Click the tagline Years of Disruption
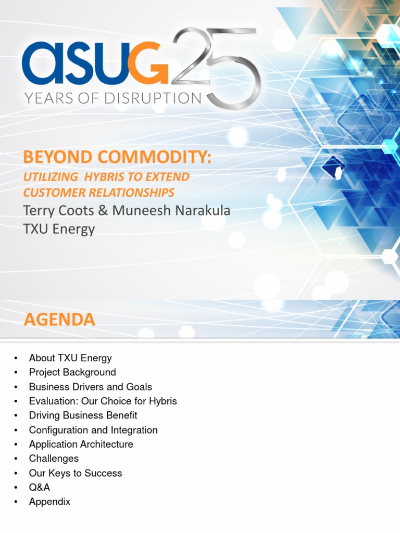tap(111, 98)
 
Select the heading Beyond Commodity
tap(117, 157)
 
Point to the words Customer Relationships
tap(99, 193)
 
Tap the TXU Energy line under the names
tap(59, 229)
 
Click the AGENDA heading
tap(59, 319)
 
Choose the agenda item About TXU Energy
tap(70, 358)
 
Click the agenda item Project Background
tap(72, 372)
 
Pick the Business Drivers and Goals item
tap(91, 387)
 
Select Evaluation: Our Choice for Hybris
tap(103, 401)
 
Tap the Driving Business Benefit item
tap(83, 415)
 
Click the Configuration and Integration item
tap(93, 430)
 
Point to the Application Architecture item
tap(81, 444)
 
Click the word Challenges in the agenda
tap(54, 459)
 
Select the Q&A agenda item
tap(40, 487)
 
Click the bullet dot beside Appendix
tap(17, 502)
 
